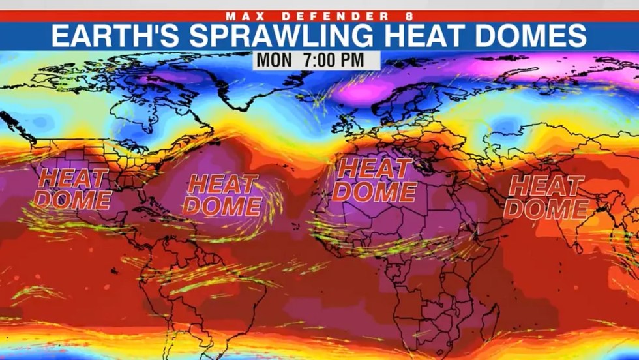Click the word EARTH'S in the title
pos(105,36)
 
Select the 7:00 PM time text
pos(336,59)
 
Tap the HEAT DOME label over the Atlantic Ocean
pos(222,194)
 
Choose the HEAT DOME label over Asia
pos(546,196)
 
